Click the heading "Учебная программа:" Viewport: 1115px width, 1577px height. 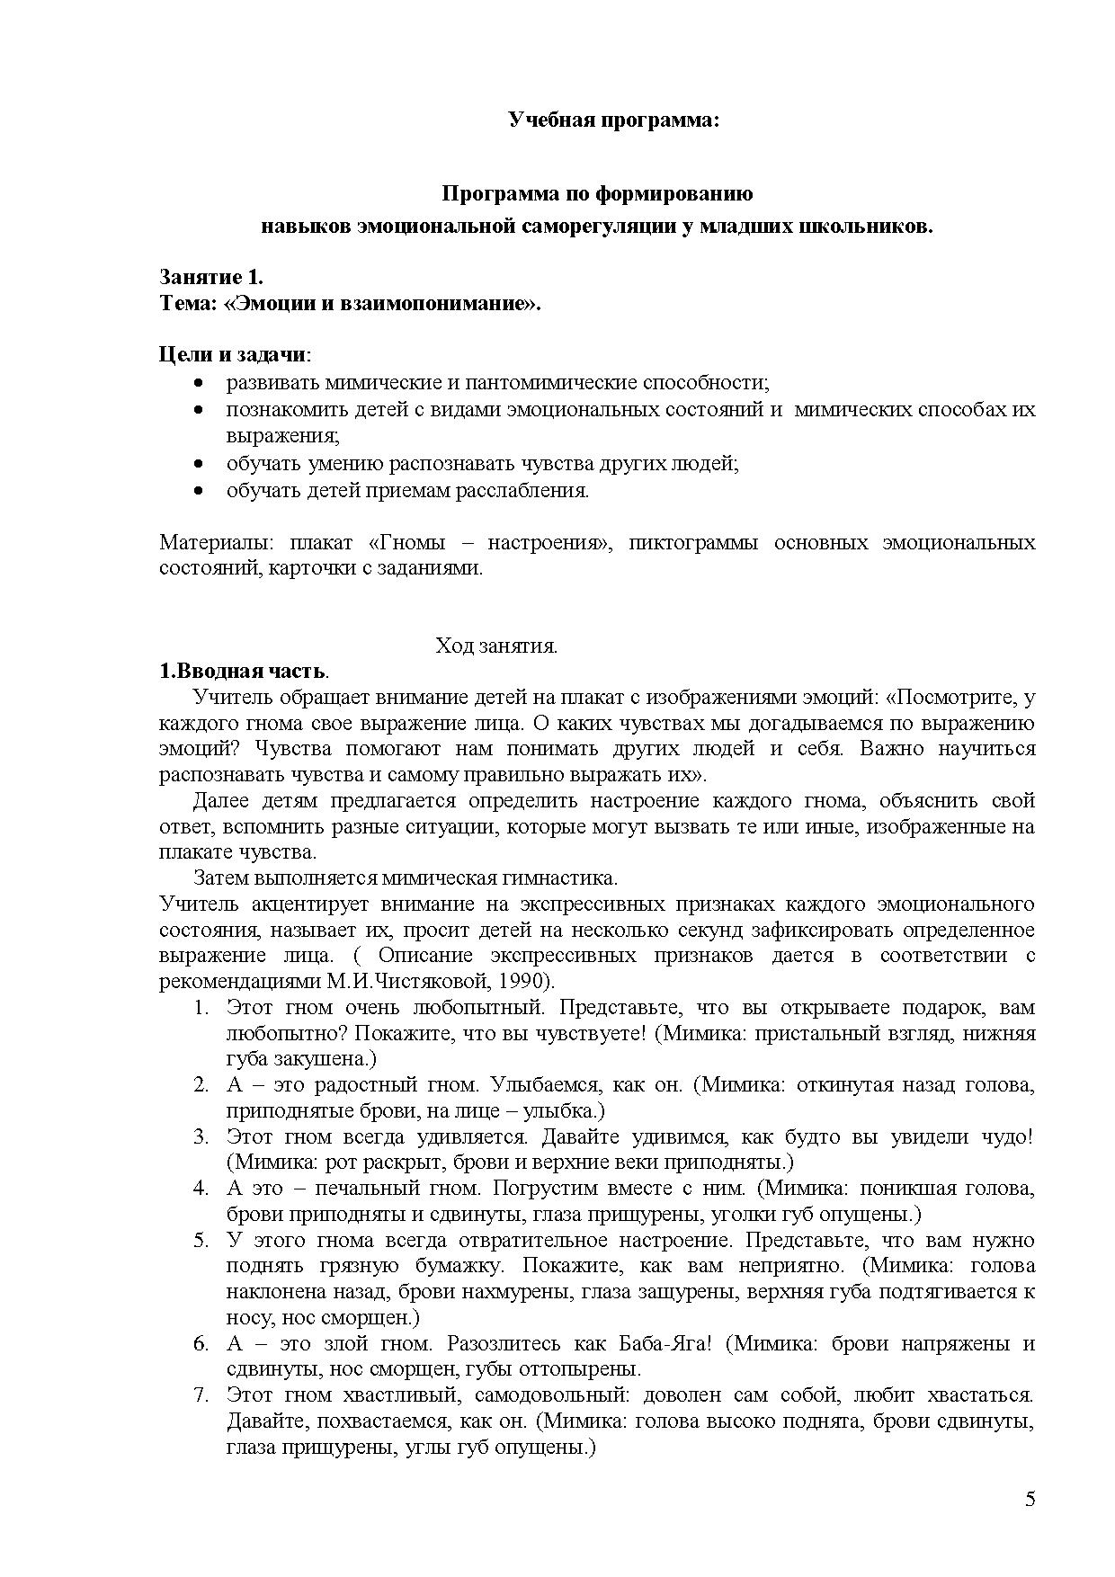click(614, 120)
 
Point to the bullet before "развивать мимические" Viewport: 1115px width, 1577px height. click(199, 383)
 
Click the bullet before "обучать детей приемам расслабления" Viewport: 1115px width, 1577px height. click(199, 491)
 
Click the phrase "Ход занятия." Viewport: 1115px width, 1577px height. click(496, 646)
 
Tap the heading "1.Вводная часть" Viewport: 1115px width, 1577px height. click(243, 672)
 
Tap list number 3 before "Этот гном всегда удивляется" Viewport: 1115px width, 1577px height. click(201, 1137)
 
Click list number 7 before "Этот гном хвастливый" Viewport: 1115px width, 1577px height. click(201, 1396)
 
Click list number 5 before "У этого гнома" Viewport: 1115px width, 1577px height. click(201, 1241)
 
